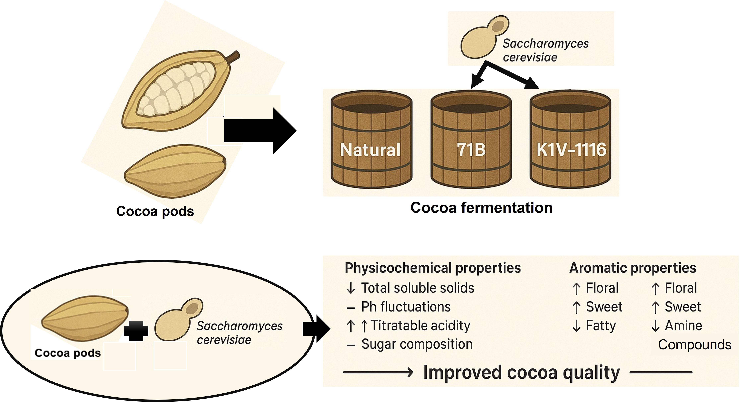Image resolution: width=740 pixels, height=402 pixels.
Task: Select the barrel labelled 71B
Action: pos(471,141)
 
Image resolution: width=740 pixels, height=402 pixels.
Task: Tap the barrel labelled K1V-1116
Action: pos(570,141)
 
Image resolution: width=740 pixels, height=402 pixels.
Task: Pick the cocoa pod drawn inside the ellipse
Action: pos(85,318)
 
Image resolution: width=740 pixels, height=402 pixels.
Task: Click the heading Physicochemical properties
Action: pos(433,268)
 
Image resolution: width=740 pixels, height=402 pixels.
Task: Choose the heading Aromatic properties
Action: pos(632,268)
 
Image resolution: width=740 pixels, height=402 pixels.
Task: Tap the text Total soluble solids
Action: pos(417,288)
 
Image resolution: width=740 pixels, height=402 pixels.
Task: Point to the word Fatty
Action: pos(601,326)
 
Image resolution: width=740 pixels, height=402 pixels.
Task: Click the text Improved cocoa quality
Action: pos(521,373)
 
